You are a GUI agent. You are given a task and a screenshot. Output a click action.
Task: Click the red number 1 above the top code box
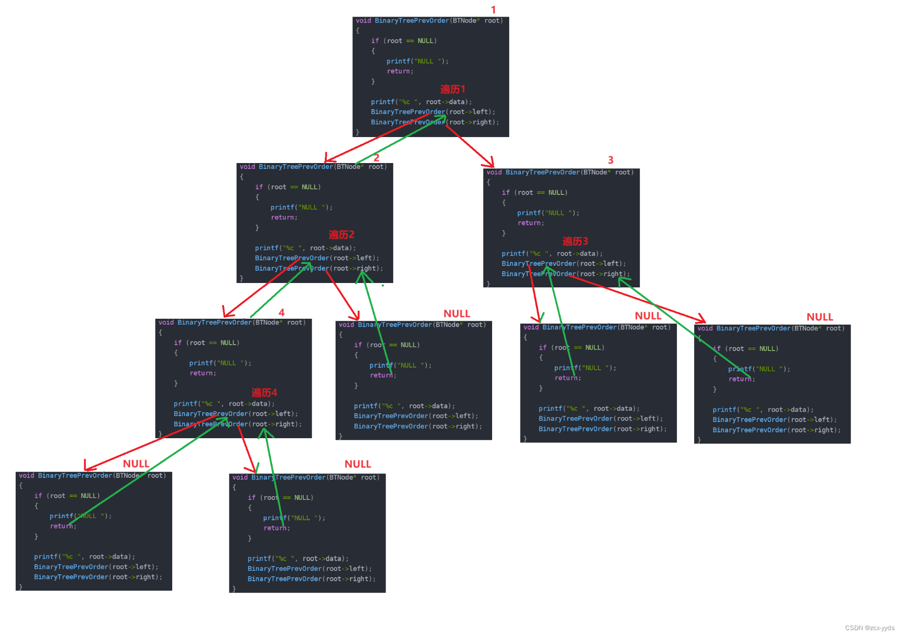493,10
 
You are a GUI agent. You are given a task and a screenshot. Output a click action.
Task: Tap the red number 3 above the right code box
610,160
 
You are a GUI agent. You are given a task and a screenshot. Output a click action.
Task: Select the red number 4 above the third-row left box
281,312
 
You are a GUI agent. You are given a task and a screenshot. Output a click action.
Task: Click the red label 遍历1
452,89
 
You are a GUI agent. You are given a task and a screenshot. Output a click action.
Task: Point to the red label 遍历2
341,235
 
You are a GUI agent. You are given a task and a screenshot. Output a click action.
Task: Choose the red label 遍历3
575,241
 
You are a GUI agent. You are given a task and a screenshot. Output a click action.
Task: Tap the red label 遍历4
264,393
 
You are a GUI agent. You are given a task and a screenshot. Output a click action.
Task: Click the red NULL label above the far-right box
819,317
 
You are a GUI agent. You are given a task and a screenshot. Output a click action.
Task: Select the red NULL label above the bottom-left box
136,464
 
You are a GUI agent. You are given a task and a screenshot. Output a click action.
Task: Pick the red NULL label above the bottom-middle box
358,464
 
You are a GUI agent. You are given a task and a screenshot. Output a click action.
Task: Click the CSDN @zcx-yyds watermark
869,628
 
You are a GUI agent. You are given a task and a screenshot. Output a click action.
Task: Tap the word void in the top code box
363,21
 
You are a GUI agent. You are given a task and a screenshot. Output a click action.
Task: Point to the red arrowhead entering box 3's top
491,164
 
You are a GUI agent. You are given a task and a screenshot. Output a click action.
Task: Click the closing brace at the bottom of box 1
358,132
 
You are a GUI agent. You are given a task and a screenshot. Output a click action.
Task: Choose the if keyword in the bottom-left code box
38,495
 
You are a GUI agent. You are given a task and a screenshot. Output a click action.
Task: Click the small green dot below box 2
383,285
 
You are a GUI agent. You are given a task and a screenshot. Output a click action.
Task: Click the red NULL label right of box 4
456,313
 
